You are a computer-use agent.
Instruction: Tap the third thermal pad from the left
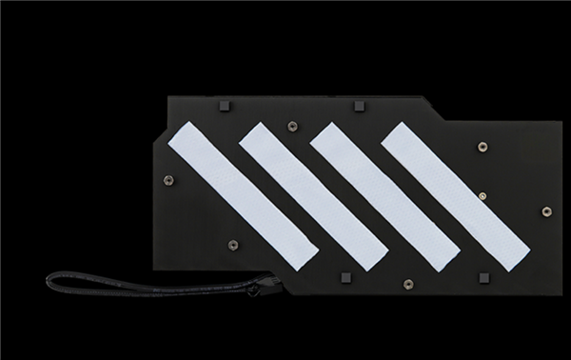[x=384, y=194]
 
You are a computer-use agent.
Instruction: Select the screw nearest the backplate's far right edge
[x=545, y=210]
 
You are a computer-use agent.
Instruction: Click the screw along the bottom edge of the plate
[x=408, y=283]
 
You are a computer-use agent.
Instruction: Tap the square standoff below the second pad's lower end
[x=344, y=277]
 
